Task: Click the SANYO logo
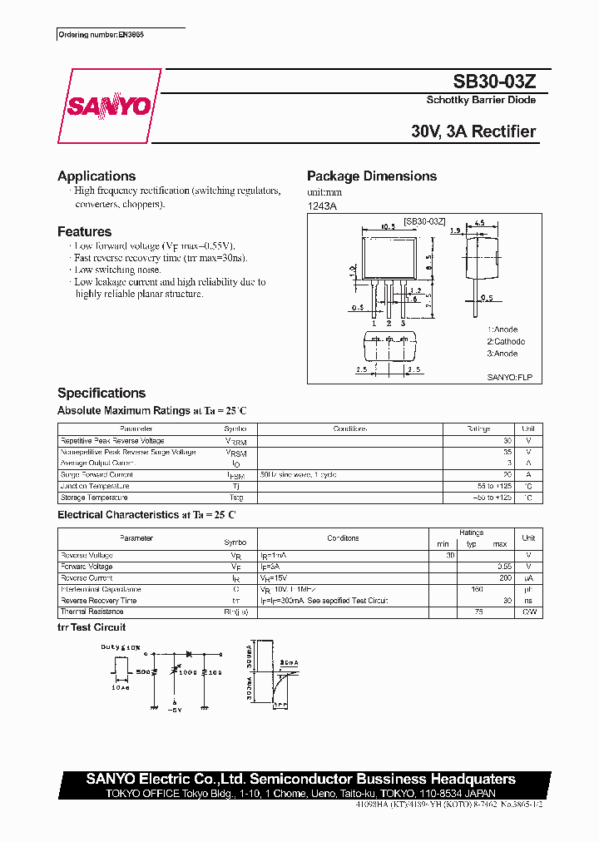109,106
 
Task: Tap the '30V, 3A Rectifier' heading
473,131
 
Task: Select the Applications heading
97,176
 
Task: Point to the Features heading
84,232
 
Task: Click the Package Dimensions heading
372,176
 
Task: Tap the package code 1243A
322,206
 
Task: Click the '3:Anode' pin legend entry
502,354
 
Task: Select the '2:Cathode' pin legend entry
506,342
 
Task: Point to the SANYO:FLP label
509,377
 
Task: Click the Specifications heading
101,394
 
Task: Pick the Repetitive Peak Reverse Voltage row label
112,441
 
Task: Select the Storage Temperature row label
94,498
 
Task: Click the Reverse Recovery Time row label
99,600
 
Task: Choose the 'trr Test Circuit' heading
92,627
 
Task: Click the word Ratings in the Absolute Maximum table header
478,429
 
